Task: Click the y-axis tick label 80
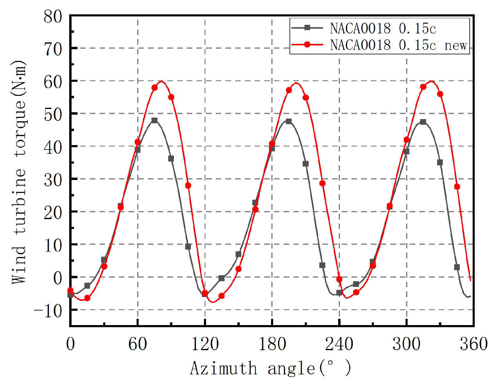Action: pyautogui.click(x=53, y=16)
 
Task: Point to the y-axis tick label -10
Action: pyautogui.click(x=48, y=311)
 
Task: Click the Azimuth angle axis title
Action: pyautogui.click(x=270, y=368)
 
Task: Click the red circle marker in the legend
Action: pyautogui.click(x=307, y=44)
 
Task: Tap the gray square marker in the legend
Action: pyautogui.click(x=307, y=28)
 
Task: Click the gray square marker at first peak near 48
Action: pyautogui.click(x=154, y=120)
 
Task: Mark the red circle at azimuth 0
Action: pyautogui.click(x=70, y=290)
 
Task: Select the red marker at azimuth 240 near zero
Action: pyautogui.click(x=339, y=279)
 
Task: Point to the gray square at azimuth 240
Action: pyautogui.click(x=339, y=293)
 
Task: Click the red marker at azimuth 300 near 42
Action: pyautogui.click(x=406, y=140)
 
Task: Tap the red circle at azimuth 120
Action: pyautogui.click(x=205, y=293)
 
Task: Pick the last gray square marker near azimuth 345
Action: pyautogui.click(x=457, y=267)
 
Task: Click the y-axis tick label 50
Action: pyautogui.click(x=53, y=114)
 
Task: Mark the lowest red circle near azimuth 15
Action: pyautogui.click(x=87, y=298)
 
